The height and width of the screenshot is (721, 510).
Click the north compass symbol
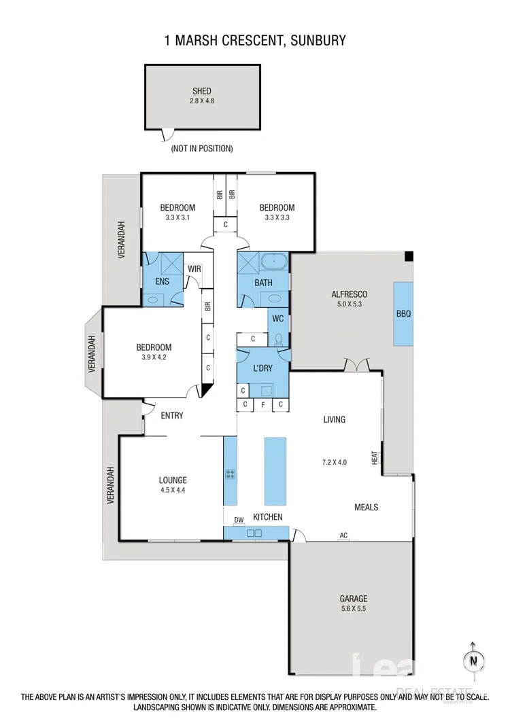tap(472, 659)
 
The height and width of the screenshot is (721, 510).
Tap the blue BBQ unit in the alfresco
tap(403, 313)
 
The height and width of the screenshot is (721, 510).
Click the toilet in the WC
tap(278, 339)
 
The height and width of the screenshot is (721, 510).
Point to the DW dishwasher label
tap(239, 521)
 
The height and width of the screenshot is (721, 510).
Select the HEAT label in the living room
tap(375, 459)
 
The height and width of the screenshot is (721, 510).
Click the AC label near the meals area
tap(343, 535)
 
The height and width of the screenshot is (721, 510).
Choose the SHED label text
tap(202, 91)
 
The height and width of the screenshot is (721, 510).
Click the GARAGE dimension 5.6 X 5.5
tap(354, 610)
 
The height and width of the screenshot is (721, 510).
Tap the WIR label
tap(194, 269)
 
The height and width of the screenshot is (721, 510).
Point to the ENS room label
tap(162, 281)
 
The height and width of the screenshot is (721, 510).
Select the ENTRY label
tap(172, 415)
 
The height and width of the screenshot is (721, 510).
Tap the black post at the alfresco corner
tap(409, 256)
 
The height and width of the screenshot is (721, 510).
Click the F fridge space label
tap(262, 405)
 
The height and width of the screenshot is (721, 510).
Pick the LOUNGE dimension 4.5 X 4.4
tap(173, 490)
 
